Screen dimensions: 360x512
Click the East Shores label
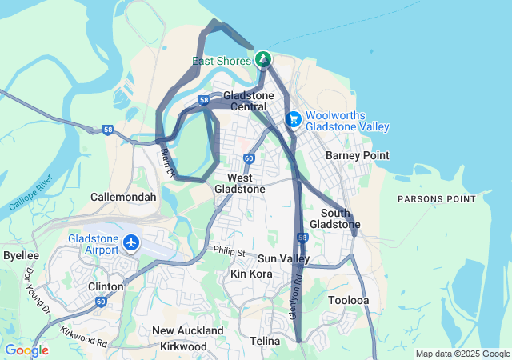(x=222, y=61)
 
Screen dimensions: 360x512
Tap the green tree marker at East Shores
(x=263, y=59)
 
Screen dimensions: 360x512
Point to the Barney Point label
(x=358, y=155)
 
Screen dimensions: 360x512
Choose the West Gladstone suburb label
(x=240, y=183)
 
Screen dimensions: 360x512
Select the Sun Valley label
(x=283, y=258)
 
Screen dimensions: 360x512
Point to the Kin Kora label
(x=251, y=274)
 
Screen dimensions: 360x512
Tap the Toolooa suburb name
(x=349, y=300)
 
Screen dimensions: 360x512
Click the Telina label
(x=263, y=342)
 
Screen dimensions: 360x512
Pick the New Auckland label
(x=188, y=330)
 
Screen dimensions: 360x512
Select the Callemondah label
(x=123, y=196)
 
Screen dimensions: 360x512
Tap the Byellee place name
(x=21, y=255)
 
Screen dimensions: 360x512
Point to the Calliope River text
(x=30, y=193)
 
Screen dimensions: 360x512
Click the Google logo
(x=26, y=350)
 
